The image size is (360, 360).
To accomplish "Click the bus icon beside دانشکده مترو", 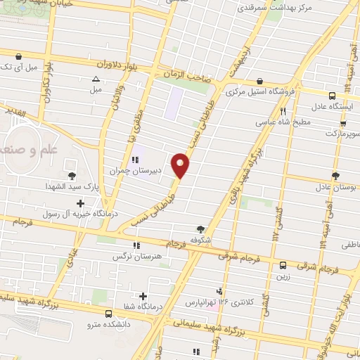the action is tap(109, 314).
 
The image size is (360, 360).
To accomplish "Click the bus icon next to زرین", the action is tap(283, 265).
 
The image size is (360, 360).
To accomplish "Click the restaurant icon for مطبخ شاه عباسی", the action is tap(283, 111).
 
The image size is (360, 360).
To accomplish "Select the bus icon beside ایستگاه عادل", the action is tap(332, 95).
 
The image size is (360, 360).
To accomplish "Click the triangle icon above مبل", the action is tap(96, 79).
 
